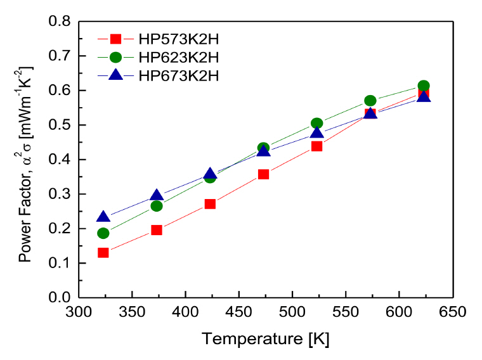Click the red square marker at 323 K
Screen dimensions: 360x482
coord(103,252)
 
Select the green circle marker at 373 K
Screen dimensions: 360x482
coord(157,206)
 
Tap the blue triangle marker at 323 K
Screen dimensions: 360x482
coord(103,217)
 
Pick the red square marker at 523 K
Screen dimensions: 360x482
coord(316,146)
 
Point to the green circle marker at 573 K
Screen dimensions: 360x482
coord(370,101)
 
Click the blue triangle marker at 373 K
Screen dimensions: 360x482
coord(157,195)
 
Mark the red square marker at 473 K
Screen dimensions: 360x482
coord(263,174)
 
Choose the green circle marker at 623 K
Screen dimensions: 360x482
coord(424,86)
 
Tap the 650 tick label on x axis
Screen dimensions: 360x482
coord(452,312)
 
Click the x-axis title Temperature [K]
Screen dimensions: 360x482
coord(266,339)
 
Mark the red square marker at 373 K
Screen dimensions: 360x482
coord(157,230)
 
